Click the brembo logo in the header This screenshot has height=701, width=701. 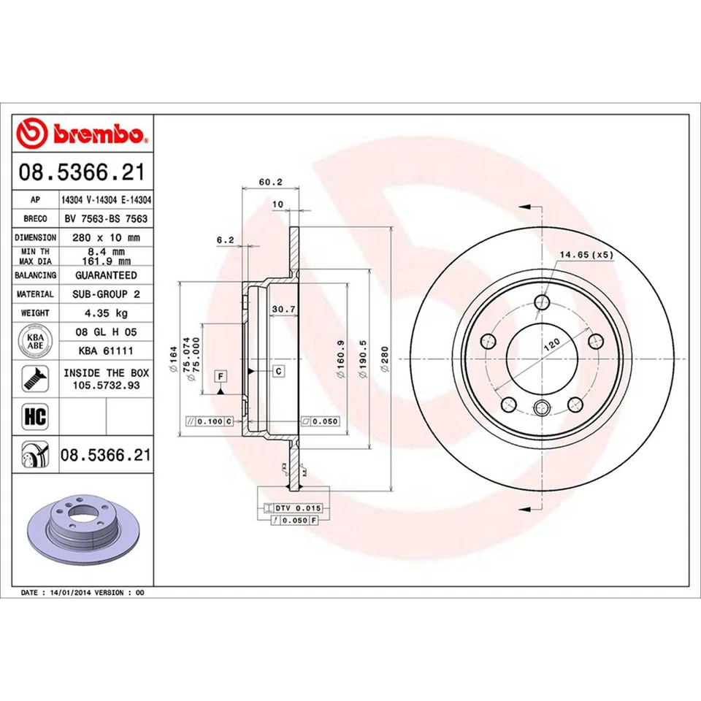[83, 134]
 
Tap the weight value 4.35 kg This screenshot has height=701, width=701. [106, 313]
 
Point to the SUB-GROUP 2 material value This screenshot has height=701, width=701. [106, 294]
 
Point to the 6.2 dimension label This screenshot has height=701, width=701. [225, 239]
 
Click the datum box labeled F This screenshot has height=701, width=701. [219, 376]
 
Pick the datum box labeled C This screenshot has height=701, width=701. [279, 372]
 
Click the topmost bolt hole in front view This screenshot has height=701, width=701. [541, 303]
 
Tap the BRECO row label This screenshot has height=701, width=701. [36, 218]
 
